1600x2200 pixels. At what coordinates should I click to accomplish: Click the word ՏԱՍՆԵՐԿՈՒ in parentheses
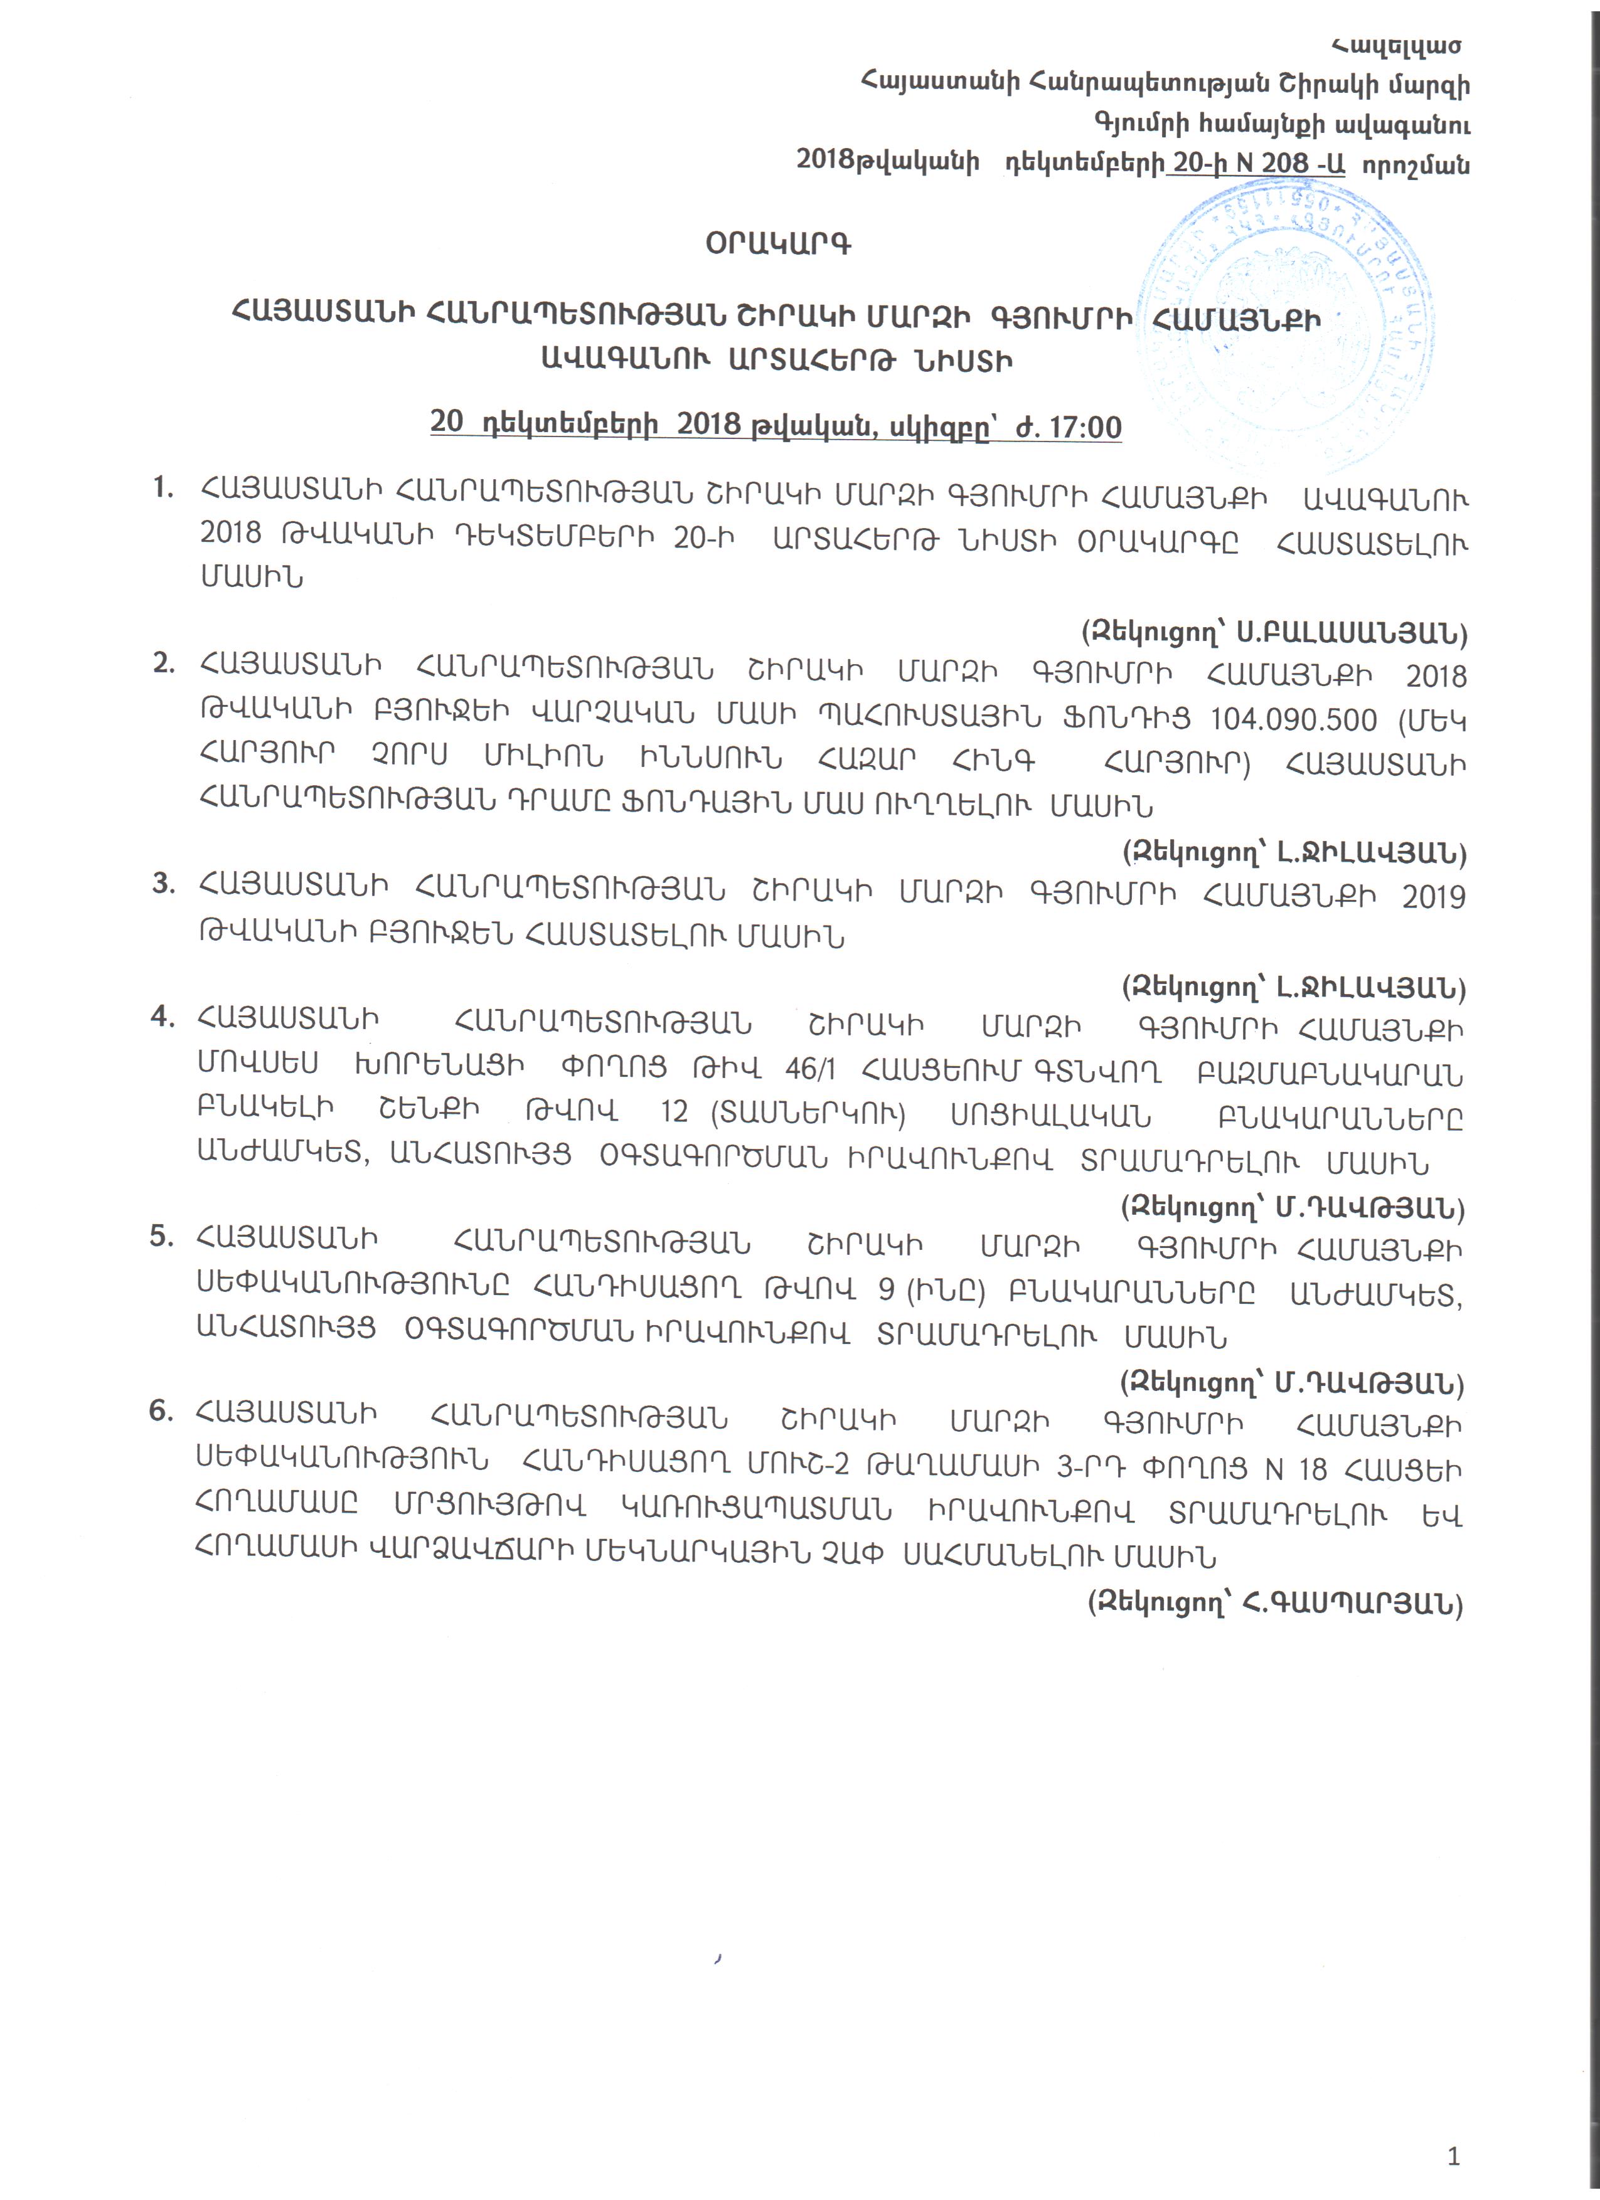(x=808, y=1114)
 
